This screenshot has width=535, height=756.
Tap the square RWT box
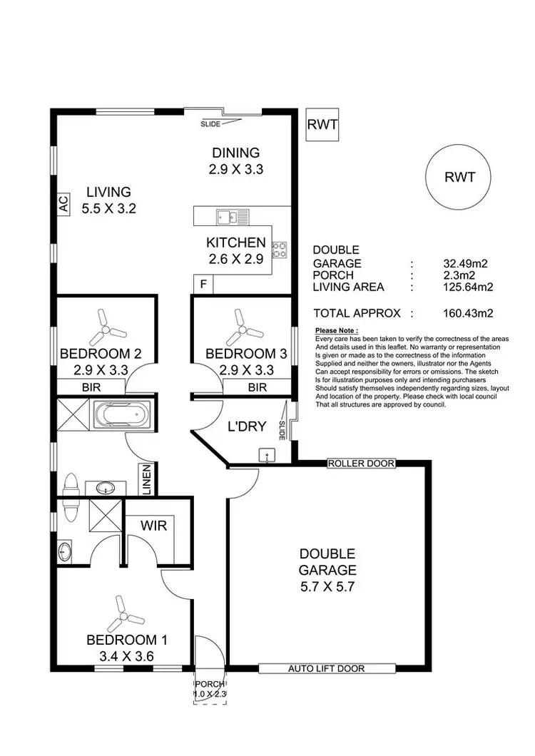click(x=322, y=124)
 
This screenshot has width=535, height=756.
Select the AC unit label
click(x=62, y=205)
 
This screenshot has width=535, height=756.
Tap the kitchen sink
click(x=232, y=215)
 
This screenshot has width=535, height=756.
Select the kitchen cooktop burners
click(x=279, y=248)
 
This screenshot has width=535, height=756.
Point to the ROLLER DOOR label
click(x=361, y=464)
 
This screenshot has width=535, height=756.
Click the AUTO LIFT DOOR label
click(x=326, y=669)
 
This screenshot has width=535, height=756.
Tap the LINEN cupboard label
click(x=148, y=480)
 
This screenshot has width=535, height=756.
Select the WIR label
click(x=153, y=526)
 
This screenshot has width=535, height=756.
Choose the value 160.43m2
click(x=468, y=312)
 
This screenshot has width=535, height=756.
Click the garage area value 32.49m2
click(x=465, y=264)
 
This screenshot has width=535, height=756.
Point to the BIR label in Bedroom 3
click(x=257, y=387)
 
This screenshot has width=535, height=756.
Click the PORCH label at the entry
click(x=210, y=683)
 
